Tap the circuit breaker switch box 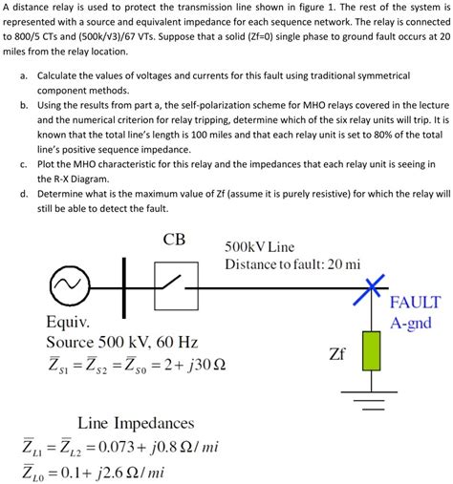point(173,284)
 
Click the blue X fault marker point(371,284)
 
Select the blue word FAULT point(415,302)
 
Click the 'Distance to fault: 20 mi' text point(292,263)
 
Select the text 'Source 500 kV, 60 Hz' point(121,342)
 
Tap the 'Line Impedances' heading point(140,422)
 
